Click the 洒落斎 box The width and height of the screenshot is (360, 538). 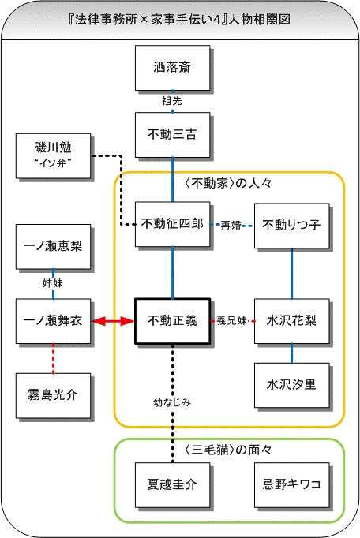[172, 68]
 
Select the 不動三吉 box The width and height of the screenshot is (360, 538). [172, 134]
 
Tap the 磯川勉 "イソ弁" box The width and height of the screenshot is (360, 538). [53, 155]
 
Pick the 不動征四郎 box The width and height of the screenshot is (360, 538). [172, 224]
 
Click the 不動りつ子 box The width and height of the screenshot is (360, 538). [291, 226]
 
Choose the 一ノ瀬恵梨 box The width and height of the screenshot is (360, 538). [53, 247]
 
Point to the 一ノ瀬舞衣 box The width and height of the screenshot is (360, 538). [53, 321]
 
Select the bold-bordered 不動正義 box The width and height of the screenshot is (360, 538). [172, 321]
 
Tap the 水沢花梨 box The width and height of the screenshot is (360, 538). [291, 321]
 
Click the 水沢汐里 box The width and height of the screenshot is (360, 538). [291, 385]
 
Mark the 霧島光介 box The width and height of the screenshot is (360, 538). [53, 395]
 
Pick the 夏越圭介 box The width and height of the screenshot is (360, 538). [172, 485]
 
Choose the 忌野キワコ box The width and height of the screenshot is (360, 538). [291, 485]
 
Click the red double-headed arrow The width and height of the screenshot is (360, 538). [113, 321]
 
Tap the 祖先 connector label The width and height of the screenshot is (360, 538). [172, 101]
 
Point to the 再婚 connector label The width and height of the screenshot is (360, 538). [231, 226]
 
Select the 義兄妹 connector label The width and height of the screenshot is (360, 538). [232, 321]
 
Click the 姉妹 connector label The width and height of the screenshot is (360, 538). [53, 283]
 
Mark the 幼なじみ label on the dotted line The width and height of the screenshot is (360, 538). [172, 402]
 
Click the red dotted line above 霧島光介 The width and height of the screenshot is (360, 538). [53, 358]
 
